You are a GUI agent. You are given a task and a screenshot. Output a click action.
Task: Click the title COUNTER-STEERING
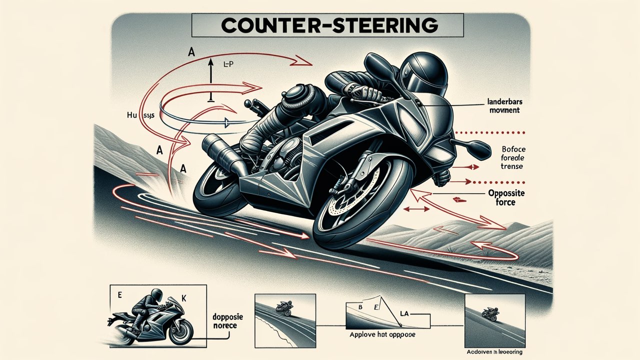327,24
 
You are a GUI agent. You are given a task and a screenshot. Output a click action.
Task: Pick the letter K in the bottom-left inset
183,297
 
